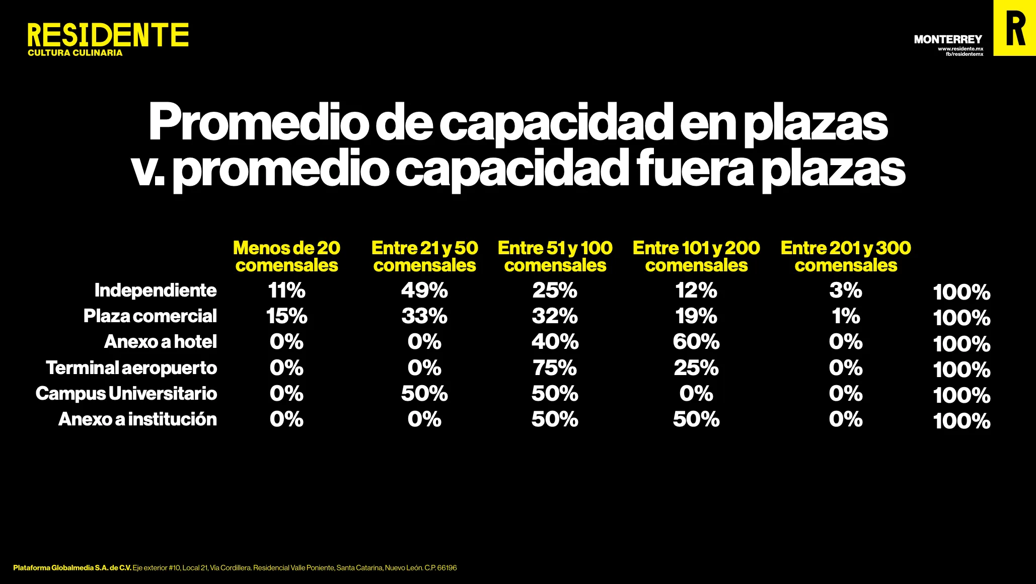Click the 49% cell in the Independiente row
tap(424, 290)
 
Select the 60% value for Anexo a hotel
tap(696, 342)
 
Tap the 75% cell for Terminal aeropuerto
tap(555, 368)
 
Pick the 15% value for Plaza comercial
tap(286, 316)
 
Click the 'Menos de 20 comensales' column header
tap(286, 256)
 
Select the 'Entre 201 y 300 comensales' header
tap(846, 256)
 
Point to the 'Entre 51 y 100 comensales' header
tap(555, 256)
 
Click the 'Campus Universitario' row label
tap(126, 394)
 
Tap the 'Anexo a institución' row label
tap(137, 419)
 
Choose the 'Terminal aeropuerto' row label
tap(131, 368)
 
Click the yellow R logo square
tap(1014, 28)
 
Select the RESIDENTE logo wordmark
tap(108, 35)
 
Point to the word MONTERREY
tap(948, 39)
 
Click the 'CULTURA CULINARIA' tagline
tap(75, 53)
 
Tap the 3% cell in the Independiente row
tap(846, 290)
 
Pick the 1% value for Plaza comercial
tap(846, 316)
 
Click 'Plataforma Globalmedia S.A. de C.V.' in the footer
tap(72, 568)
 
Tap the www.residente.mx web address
tap(960, 49)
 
